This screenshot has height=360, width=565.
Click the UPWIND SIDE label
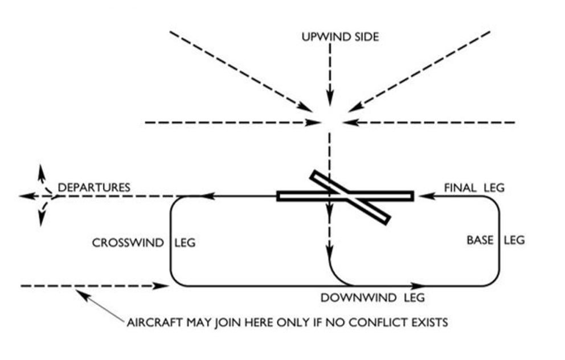pos(340,38)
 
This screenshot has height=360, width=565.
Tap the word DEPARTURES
pos(94,187)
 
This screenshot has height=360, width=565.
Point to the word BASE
pos(480,240)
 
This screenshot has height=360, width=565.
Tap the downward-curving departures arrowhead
pos(41,219)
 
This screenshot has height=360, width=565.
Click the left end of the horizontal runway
pos(279,197)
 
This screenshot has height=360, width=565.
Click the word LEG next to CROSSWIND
pos(183,243)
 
